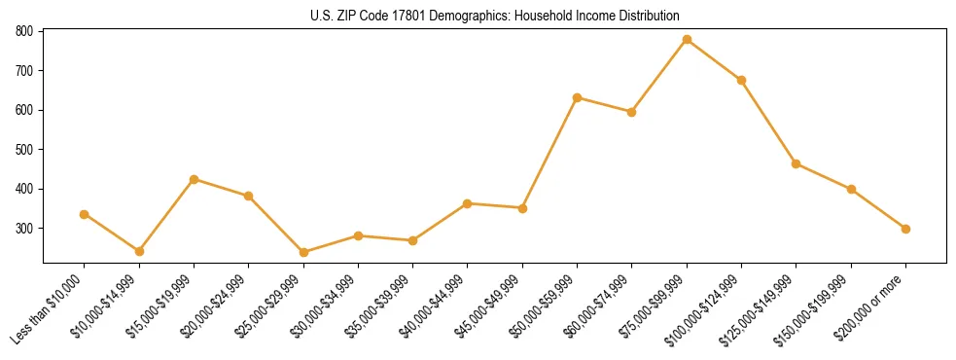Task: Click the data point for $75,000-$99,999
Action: pos(687,40)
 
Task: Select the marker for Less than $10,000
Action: pos(85,214)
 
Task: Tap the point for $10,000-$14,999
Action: pos(139,251)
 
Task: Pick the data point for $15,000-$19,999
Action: pos(195,179)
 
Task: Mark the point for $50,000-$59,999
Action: pos(578,97)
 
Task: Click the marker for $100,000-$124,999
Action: pos(742,80)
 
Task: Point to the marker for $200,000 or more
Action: pos(906,229)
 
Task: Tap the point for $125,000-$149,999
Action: pos(797,163)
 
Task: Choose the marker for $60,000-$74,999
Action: pos(632,112)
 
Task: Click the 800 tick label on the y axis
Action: pos(25,31)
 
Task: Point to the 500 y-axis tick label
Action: pos(25,150)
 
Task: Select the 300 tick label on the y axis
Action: pos(25,229)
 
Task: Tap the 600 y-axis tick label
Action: pos(25,110)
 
